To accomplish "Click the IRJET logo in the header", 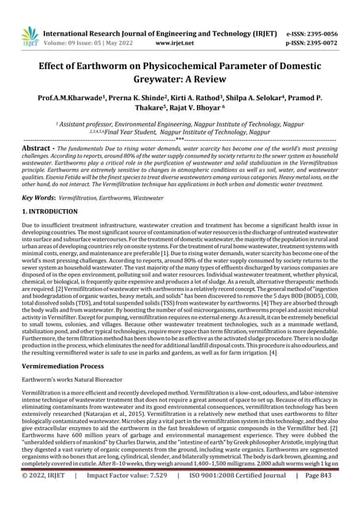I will [x=30, y=36].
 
